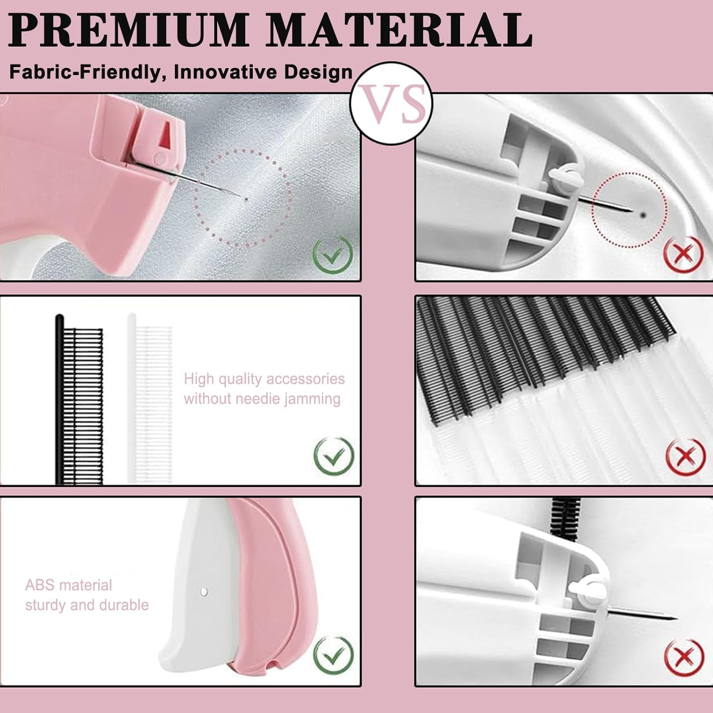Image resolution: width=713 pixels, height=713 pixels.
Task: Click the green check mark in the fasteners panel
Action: pos(334,455)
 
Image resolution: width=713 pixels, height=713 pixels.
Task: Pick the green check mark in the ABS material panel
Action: pos(334,655)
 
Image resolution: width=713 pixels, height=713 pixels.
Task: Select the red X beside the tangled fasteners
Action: pos(684,456)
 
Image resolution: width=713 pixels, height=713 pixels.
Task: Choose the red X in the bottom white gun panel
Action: pos(684,657)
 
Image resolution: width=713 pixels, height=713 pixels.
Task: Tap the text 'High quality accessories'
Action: pos(264,379)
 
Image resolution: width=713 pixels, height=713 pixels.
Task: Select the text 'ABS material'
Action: pos(68,585)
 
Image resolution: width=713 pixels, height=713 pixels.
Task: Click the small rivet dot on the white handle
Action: pos(204,591)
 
